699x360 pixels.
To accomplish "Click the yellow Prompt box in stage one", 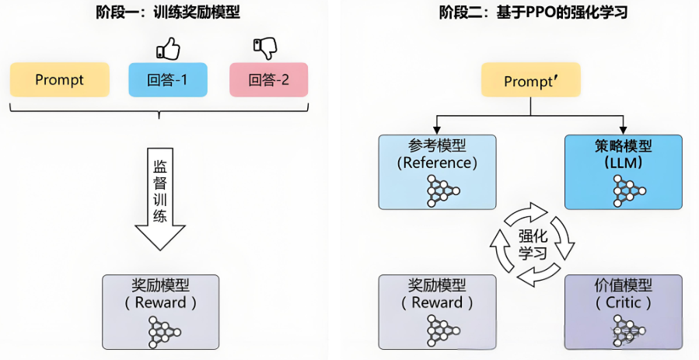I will (60, 80).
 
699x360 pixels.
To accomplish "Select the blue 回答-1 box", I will (168, 80).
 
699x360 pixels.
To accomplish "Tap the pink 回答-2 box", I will (269, 80).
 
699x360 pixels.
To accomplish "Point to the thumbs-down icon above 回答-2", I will (264, 48).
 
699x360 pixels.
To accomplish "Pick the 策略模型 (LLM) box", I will (623, 172).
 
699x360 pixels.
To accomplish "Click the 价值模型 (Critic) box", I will (623, 311).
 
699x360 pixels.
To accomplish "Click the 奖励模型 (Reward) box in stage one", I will (161, 311).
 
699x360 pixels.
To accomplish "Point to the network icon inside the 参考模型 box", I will (441, 190).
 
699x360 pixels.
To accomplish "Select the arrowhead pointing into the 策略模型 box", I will (623, 130).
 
